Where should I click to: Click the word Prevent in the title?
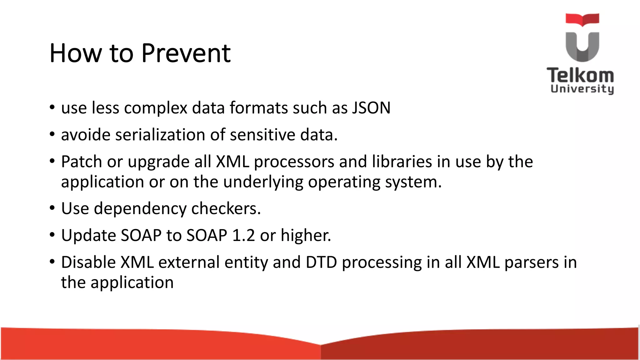(x=186, y=53)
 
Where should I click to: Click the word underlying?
(x=263, y=182)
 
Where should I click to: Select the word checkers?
(x=226, y=209)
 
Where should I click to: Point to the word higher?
(x=305, y=236)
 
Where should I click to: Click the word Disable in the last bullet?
(x=88, y=262)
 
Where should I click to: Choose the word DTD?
(x=321, y=262)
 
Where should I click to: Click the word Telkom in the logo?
(x=580, y=75)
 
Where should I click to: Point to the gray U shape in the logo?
(x=582, y=47)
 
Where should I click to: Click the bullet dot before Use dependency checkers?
(x=52, y=208)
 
